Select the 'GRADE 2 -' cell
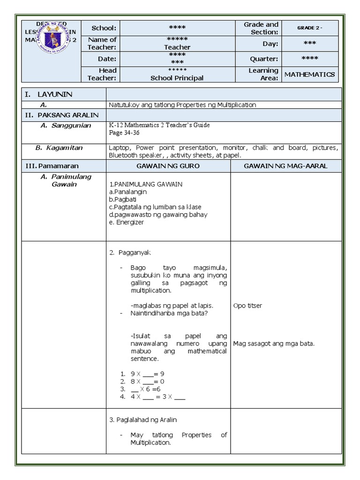(x=309, y=28)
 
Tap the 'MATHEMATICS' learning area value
(x=309, y=74)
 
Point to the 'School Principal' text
(x=177, y=78)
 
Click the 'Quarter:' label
(x=264, y=59)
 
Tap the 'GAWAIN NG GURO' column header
(x=168, y=166)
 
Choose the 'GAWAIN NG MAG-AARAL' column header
(x=286, y=166)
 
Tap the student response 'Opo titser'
(x=247, y=306)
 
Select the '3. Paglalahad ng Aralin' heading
(x=142, y=420)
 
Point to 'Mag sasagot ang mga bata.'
(x=274, y=344)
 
